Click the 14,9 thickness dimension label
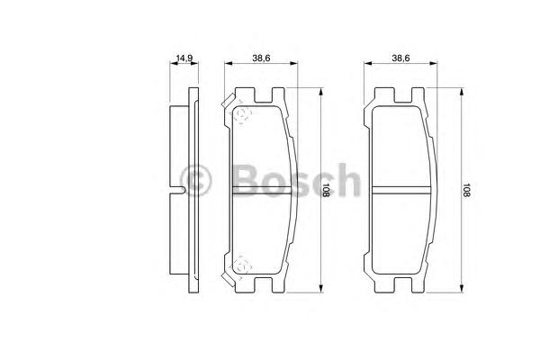(x=184, y=58)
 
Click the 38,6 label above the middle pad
(x=261, y=58)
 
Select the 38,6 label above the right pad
(x=400, y=58)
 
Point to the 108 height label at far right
(x=466, y=190)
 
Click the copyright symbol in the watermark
(x=195, y=180)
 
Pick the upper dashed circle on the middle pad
(x=242, y=114)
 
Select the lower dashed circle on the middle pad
(x=242, y=265)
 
